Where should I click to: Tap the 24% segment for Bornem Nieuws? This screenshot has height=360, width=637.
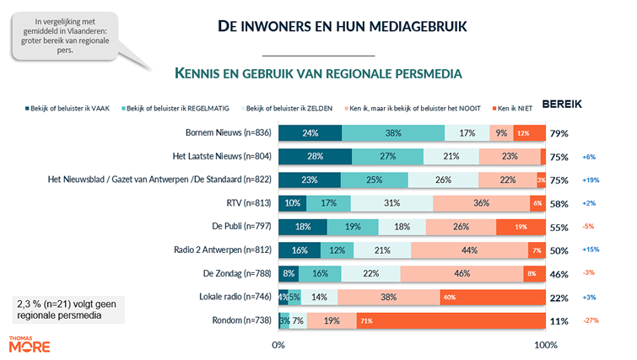tap(310, 133)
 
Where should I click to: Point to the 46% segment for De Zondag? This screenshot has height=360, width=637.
tap(462, 274)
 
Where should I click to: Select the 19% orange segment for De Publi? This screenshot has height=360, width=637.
tap(521, 227)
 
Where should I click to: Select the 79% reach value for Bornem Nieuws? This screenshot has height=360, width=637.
tap(559, 133)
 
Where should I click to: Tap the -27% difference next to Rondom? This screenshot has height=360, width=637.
tap(591, 321)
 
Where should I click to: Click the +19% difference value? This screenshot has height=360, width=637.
tap(591, 180)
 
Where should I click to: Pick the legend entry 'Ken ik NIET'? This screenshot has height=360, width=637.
tap(516, 108)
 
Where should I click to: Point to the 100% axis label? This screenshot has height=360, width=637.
tap(545, 345)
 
